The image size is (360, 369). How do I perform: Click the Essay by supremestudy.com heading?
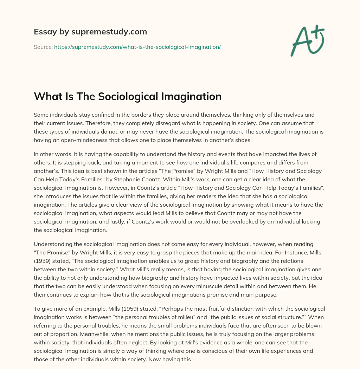pyautogui.click(x=90, y=32)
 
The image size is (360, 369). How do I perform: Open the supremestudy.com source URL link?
pyautogui.click(x=137, y=47)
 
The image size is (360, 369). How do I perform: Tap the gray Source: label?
pyautogui.click(x=43, y=47)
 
